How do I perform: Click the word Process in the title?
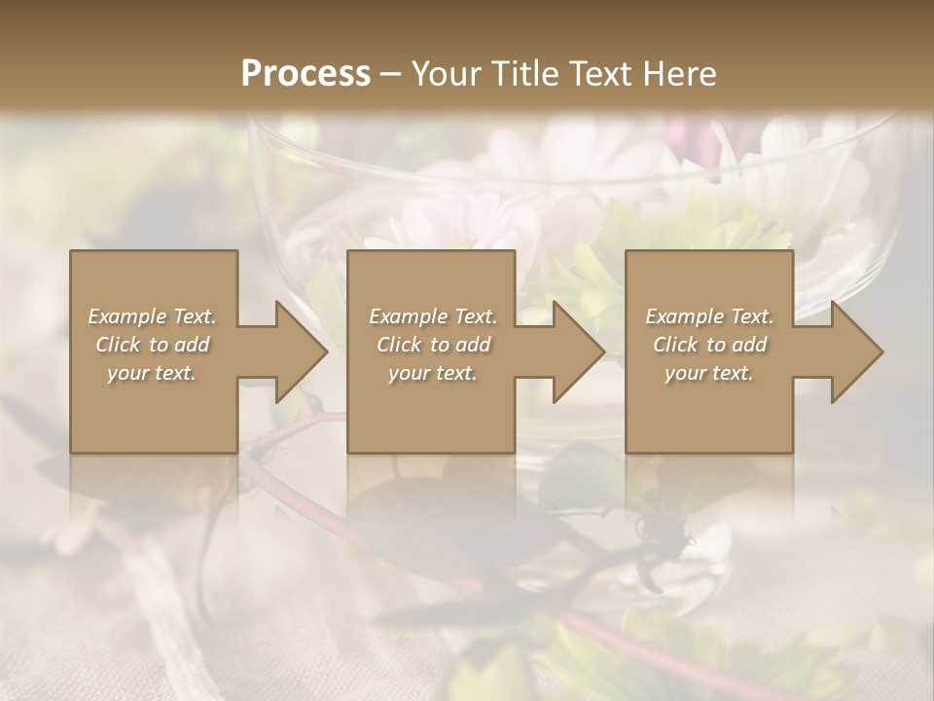point(305,73)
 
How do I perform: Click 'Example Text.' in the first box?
point(153,316)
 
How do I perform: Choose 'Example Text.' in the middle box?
point(433,316)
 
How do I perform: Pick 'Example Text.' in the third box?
point(709,316)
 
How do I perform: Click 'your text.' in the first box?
point(152,373)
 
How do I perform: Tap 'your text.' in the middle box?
point(432,373)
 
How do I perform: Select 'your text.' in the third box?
point(708,373)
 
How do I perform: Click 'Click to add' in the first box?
point(153,345)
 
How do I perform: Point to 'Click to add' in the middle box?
point(433,345)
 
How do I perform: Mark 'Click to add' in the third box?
point(709,345)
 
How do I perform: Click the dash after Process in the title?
point(390,74)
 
